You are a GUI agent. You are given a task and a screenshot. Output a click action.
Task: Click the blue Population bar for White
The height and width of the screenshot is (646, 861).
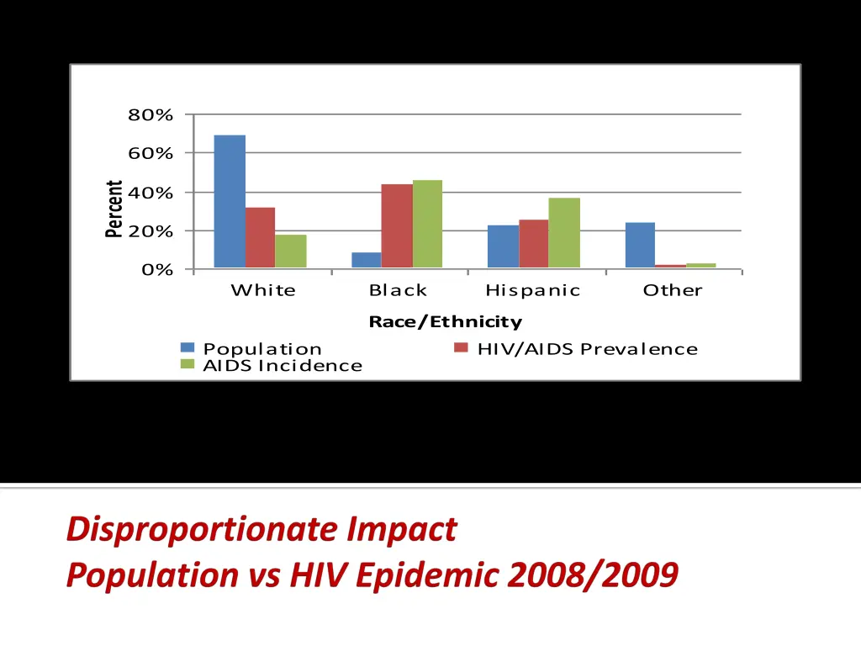click(230, 202)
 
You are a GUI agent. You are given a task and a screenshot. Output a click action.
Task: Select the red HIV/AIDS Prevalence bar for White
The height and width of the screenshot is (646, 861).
click(260, 238)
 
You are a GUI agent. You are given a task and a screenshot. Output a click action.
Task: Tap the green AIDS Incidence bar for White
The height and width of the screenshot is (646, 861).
click(291, 252)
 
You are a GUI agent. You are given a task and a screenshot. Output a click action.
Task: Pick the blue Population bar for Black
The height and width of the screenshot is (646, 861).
click(366, 260)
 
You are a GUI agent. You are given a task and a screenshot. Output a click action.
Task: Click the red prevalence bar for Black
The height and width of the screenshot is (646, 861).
click(397, 226)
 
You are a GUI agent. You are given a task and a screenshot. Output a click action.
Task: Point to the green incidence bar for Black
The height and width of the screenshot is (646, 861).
click(427, 225)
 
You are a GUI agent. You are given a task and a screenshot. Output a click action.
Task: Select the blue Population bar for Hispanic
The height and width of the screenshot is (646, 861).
click(503, 246)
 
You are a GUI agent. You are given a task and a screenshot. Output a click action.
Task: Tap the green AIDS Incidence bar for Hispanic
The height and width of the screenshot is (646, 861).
click(564, 233)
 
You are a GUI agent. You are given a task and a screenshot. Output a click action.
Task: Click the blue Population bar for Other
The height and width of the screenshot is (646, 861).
click(640, 246)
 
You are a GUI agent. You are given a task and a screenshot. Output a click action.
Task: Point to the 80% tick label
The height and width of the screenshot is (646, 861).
click(151, 115)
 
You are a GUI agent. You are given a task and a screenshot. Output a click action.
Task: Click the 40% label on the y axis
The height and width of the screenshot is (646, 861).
click(151, 193)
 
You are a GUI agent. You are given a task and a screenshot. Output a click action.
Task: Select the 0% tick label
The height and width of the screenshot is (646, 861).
click(157, 270)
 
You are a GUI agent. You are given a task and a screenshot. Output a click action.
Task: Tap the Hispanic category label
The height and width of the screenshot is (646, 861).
click(533, 290)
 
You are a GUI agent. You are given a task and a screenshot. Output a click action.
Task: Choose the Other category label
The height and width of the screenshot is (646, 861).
click(673, 290)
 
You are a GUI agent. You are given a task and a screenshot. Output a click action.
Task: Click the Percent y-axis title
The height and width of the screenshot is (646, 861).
click(114, 209)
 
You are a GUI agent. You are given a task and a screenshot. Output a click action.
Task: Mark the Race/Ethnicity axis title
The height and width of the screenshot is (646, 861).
click(446, 321)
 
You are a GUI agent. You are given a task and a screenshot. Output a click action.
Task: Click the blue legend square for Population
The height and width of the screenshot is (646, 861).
click(188, 347)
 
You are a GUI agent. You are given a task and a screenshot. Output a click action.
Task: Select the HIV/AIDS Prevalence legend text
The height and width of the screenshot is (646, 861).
click(587, 349)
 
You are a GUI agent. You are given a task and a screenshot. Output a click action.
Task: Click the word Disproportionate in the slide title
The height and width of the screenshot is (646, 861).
click(202, 529)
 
